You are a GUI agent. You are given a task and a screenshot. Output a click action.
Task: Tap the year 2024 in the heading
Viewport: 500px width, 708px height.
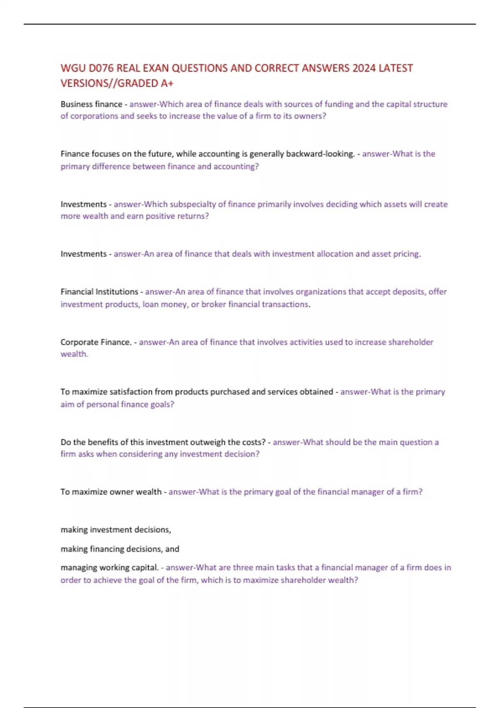pyautogui.click(x=364, y=68)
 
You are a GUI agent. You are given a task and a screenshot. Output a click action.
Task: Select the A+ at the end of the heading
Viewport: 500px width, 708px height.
pyautogui.click(x=167, y=83)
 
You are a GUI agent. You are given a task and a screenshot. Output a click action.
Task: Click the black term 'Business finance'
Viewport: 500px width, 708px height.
pyautogui.click(x=91, y=104)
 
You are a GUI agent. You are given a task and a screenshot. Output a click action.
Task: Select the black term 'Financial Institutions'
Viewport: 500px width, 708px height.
pyautogui.click(x=99, y=292)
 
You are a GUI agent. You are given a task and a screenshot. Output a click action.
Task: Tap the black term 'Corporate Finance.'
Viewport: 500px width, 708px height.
pyautogui.click(x=96, y=342)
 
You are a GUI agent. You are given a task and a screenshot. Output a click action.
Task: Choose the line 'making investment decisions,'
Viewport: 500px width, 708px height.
pyautogui.click(x=116, y=530)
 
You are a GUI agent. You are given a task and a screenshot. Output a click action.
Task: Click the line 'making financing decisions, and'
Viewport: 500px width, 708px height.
pyautogui.click(x=120, y=549)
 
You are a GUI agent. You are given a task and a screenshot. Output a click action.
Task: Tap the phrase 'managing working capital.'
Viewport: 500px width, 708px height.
pyautogui.click(x=110, y=567)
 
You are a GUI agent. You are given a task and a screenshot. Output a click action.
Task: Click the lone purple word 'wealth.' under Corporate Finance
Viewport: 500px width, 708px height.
pyautogui.click(x=74, y=354)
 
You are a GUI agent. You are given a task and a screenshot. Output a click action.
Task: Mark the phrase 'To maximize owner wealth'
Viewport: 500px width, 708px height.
pyautogui.click(x=111, y=492)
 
